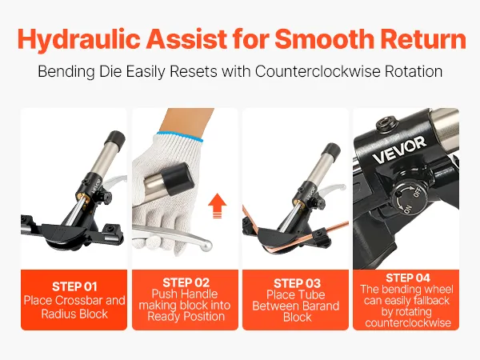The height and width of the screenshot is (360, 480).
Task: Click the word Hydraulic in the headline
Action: tap(79, 39)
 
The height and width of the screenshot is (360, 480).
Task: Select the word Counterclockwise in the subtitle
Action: tap(318, 71)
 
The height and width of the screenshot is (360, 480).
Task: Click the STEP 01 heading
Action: tap(74, 287)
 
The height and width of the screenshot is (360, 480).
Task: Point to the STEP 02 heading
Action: tap(186, 282)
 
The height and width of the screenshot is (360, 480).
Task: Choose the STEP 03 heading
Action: tap(297, 283)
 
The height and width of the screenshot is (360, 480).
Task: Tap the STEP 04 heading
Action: tap(408, 278)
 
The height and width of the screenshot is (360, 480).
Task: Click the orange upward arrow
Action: tap(217, 206)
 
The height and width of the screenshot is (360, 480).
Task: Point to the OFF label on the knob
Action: tap(418, 193)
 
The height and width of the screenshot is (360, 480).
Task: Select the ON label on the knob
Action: tap(407, 210)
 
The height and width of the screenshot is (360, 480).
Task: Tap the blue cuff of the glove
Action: tap(179, 136)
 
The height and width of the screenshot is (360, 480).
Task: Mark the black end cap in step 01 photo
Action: tap(114, 139)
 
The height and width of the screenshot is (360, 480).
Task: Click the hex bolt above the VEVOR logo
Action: tap(386, 123)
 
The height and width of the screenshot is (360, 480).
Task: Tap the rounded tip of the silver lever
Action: tap(207, 245)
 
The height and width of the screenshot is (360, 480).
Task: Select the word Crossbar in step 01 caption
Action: tap(77, 300)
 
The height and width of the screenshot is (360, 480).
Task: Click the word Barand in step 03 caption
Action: tap(321, 306)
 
